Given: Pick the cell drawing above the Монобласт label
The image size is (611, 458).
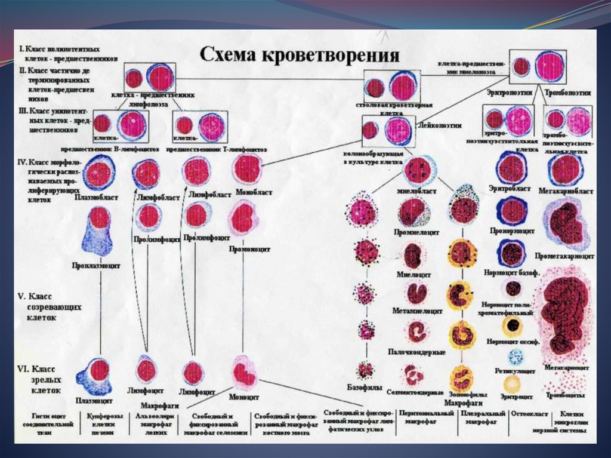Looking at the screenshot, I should coord(247,169).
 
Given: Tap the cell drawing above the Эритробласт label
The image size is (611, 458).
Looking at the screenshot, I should coord(511,168).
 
